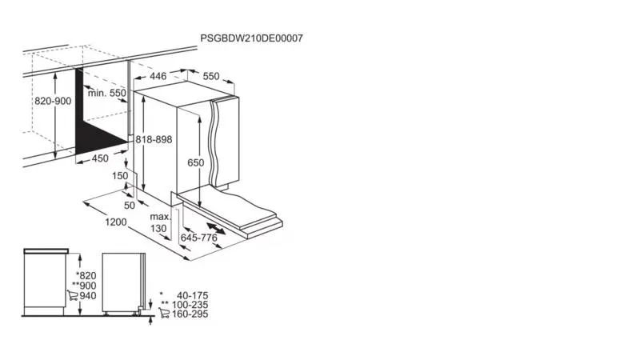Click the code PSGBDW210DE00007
coord(251,38)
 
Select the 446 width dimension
coord(158,76)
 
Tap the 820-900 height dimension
coord(53,101)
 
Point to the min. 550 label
coord(107,93)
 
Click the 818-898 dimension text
coord(154,139)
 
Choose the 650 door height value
coord(195,163)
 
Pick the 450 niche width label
coord(100,158)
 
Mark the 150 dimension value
coord(120,176)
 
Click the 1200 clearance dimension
coord(116,222)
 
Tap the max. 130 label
coord(159,222)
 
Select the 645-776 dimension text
coord(199,238)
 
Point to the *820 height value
coord(86,276)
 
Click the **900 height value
coord(85,286)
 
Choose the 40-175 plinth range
coord(192,295)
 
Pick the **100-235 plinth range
coord(185,305)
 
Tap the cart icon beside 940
coord(73,295)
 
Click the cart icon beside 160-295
coord(164,314)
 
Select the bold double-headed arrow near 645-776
coord(216,229)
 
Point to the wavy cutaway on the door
coord(214,143)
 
